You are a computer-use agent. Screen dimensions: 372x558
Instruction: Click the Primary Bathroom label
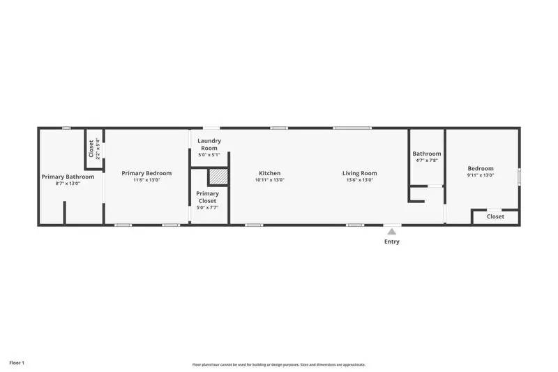click(68, 177)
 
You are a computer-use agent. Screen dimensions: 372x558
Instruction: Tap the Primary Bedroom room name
click(146, 173)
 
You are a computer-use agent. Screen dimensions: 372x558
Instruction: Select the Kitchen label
click(270, 173)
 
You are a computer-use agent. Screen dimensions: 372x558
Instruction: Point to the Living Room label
click(360, 173)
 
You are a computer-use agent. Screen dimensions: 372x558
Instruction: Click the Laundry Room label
click(209, 144)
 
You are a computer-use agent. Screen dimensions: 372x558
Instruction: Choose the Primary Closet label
click(207, 197)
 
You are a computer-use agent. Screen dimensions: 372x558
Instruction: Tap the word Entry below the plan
click(392, 242)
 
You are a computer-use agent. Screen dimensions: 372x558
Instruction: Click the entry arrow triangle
click(392, 231)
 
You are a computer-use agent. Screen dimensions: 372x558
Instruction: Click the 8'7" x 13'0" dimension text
click(68, 184)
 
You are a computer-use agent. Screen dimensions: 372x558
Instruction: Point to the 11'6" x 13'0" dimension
click(146, 180)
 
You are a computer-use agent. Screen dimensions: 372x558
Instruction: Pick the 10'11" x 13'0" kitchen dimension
click(270, 180)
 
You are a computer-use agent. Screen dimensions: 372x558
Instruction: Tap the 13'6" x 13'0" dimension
click(360, 180)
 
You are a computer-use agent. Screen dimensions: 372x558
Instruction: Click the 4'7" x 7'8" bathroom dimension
click(426, 161)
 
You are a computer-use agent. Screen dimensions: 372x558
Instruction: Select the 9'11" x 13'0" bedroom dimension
click(481, 175)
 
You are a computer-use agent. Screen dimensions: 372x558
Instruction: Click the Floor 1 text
click(17, 363)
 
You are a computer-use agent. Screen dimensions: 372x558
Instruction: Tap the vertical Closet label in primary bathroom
click(91, 149)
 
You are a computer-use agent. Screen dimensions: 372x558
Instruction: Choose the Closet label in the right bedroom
click(495, 216)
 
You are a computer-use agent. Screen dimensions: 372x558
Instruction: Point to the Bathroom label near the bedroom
click(426, 154)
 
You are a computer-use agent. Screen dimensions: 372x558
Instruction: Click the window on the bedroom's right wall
click(519, 177)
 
